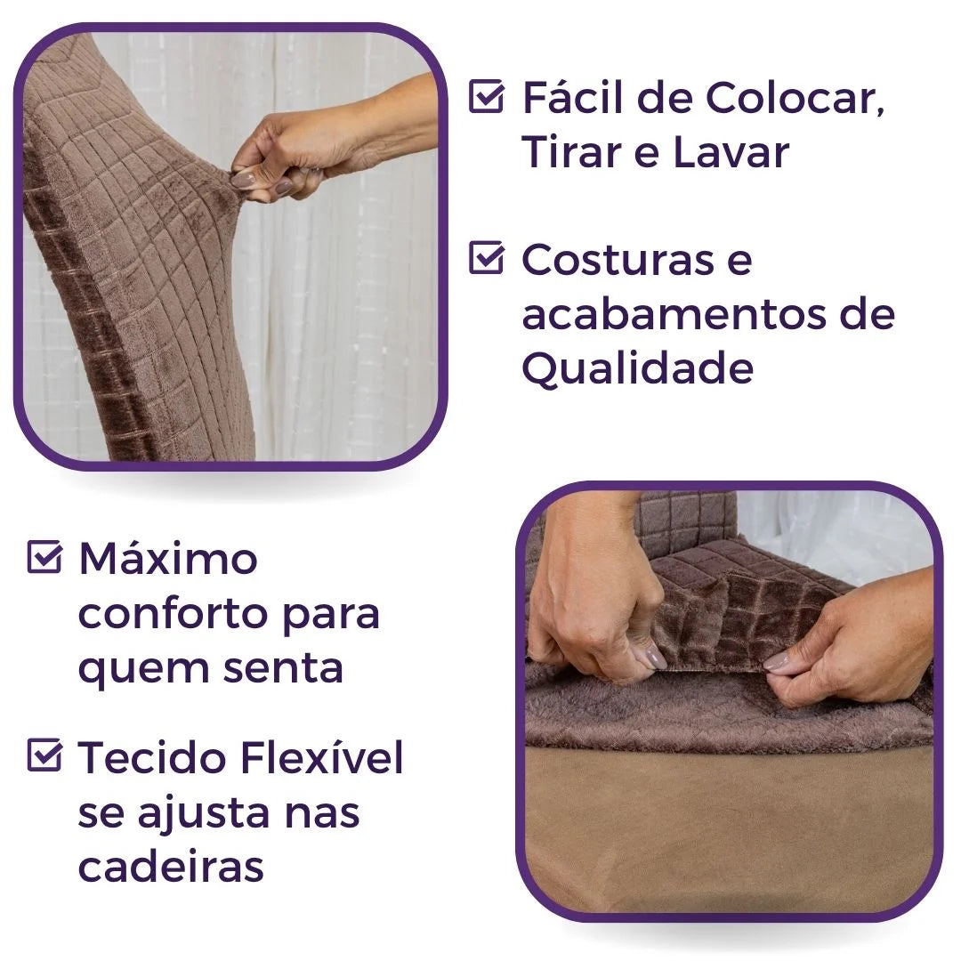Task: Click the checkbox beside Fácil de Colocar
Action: [x=486, y=96]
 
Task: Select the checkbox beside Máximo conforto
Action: [x=44, y=556]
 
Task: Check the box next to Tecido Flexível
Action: [x=44, y=755]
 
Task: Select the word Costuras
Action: [x=618, y=259]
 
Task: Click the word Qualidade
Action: [x=637, y=367]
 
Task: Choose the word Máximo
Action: [x=168, y=558]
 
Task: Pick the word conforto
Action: [x=175, y=613]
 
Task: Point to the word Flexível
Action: [x=322, y=757]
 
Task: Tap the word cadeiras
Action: [x=171, y=866]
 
